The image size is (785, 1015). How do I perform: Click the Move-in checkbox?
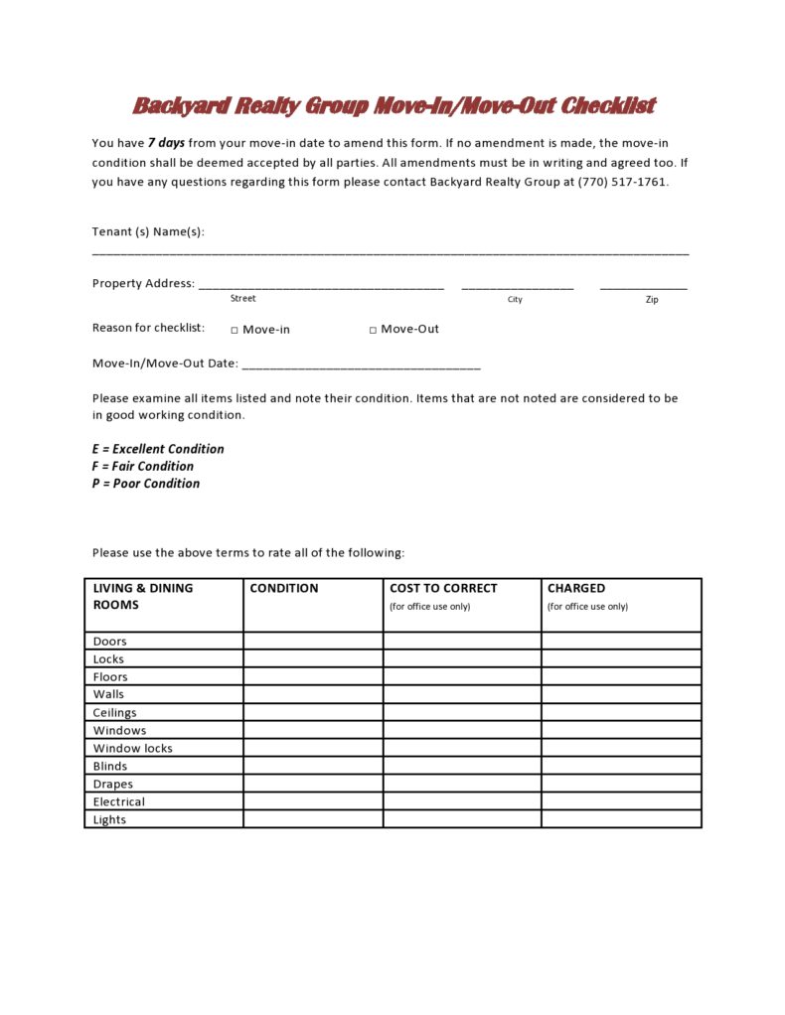coord(235,331)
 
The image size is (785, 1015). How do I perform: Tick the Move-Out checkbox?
coord(373,331)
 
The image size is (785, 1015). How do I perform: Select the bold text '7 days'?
coord(166,143)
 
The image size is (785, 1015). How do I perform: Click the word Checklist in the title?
coord(607,106)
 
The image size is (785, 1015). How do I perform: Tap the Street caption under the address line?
coord(242,299)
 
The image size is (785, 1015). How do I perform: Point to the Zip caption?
coord(651,300)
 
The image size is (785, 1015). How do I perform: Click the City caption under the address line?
coord(515,300)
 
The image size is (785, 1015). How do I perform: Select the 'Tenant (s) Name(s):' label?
coord(148,231)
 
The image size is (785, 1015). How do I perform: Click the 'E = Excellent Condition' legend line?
coord(158,449)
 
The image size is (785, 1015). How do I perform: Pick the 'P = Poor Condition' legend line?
coord(146,484)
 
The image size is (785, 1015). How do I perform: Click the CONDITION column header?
coord(284,588)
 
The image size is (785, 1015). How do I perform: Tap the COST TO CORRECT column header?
coord(443,588)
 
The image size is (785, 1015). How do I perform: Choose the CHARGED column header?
coord(576,588)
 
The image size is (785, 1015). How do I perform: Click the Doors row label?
coord(110,642)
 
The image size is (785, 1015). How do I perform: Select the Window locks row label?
coord(133,749)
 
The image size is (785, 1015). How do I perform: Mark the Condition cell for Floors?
coord(313,677)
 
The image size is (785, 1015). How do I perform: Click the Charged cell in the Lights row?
coord(621,820)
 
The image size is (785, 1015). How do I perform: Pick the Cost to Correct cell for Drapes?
coord(462,785)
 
